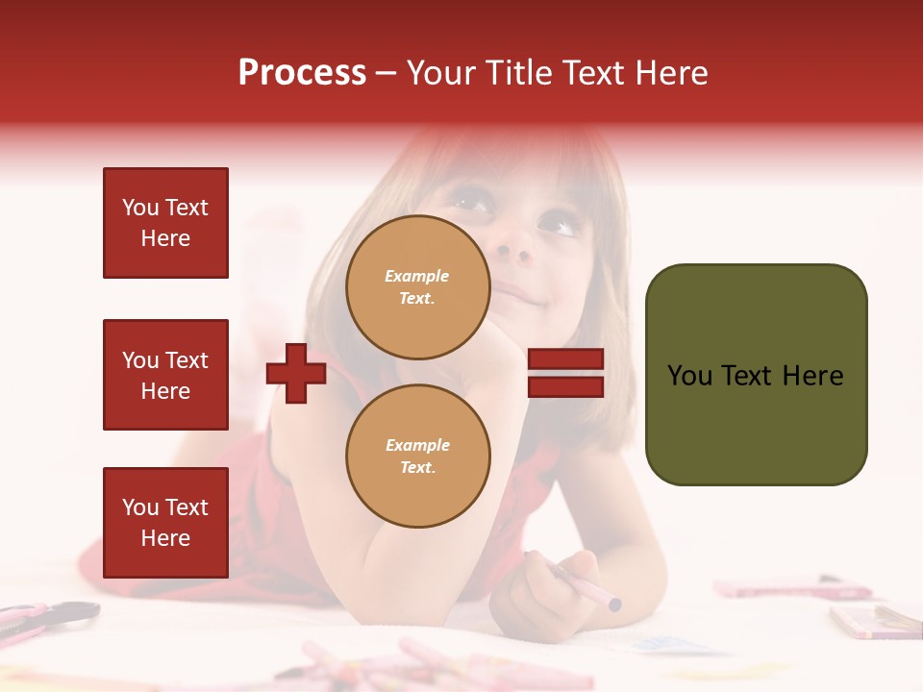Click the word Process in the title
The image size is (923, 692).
tap(302, 73)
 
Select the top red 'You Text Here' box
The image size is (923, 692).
tap(165, 223)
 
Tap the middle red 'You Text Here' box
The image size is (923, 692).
tap(165, 375)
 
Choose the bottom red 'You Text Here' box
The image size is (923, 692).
tap(165, 523)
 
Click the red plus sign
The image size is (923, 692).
tap(296, 373)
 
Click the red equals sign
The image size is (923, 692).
tap(565, 373)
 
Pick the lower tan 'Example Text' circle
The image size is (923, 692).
tap(417, 456)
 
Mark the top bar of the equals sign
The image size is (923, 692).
tap(565, 359)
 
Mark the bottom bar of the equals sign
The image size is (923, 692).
tap(565, 386)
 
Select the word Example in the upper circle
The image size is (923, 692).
tap(417, 276)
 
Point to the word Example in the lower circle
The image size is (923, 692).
tap(417, 445)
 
